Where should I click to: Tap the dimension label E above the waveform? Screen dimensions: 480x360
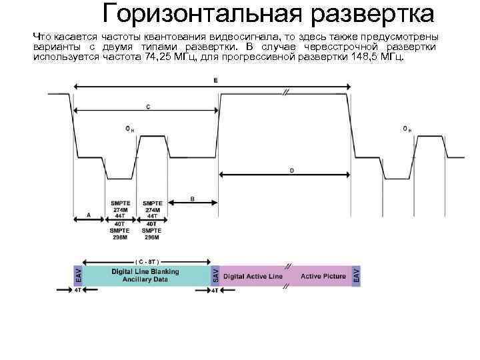click(x=215, y=80)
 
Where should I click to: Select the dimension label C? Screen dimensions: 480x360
click(x=147, y=106)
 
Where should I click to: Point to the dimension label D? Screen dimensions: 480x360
click(x=291, y=170)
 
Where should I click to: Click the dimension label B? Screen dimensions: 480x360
click(x=193, y=198)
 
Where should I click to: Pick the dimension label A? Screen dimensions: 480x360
click(x=89, y=215)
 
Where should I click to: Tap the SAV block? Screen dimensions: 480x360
click(x=215, y=275)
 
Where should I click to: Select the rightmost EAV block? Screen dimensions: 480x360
click(x=356, y=275)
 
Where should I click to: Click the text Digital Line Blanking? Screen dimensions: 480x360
click(x=145, y=271)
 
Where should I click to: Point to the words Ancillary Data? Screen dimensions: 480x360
click(x=145, y=279)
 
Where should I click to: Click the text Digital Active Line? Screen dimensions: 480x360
click(x=253, y=276)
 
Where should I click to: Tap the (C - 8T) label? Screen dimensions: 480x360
click(x=146, y=261)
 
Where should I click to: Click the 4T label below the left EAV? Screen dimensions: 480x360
click(x=78, y=291)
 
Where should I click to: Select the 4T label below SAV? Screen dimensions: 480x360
click(x=215, y=291)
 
